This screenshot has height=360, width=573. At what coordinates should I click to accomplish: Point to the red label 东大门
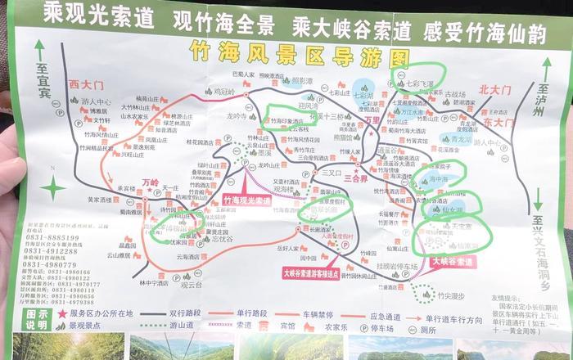click(x=498, y=121)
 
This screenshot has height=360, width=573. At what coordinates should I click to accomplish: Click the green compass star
click(x=53, y=188)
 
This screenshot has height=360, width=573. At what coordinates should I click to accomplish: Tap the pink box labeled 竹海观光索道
click(x=246, y=200)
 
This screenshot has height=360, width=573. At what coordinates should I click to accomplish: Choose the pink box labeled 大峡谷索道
click(x=452, y=262)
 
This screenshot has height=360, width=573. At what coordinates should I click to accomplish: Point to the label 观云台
click(x=192, y=286)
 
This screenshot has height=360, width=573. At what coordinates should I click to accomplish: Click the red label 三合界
click(x=356, y=177)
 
